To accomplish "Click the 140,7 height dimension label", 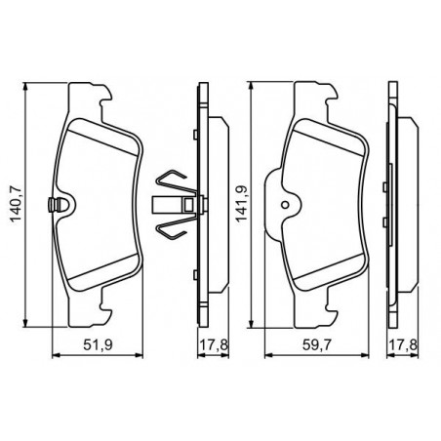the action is click(x=16, y=204).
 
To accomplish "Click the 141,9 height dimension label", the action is click(x=242, y=204).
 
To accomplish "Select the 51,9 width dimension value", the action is click(x=98, y=345).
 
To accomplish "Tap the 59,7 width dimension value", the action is click(x=317, y=345).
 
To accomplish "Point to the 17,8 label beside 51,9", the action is click(x=214, y=345).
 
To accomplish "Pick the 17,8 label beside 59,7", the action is click(x=403, y=345).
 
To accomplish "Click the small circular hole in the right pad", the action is click(x=285, y=205).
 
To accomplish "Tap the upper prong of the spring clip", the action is click(x=174, y=181).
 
